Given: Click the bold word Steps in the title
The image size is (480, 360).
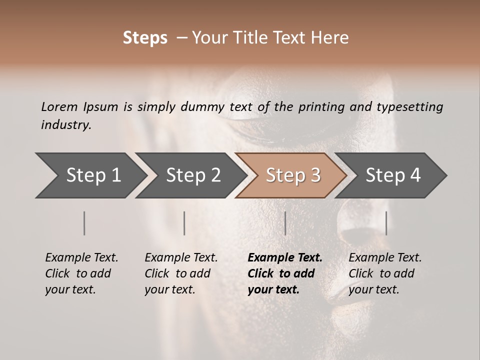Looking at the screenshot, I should pyautogui.click(x=145, y=38).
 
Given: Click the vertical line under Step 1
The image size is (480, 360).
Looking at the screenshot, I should pyautogui.click(x=84, y=223).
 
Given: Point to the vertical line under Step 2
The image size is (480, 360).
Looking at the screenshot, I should pyautogui.click(x=184, y=223).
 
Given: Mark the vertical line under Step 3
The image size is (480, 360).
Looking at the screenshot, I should pyautogui.click(x=285, y=223).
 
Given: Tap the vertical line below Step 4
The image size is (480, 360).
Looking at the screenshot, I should pyautogui.click(x=386, y=223).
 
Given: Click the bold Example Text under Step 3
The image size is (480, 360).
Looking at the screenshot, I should pyautogui.click(x=285, y=273).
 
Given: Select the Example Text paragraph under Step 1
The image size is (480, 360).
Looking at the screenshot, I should pyautogui.click(x=81, y=273).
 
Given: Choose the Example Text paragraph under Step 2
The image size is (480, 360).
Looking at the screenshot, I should pyautogui.click(x=181, y=273).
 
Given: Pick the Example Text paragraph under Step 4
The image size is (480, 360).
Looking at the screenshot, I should pyautogui.click(x=385, y=273).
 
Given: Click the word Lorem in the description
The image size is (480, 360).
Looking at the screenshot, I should pyautogui.click(x=59, y=106).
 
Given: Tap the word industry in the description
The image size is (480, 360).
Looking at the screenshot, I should pyautogui.click(x=66, y=125).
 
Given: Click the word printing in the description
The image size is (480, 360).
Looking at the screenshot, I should pyautogui.click(x=321, y=107).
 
